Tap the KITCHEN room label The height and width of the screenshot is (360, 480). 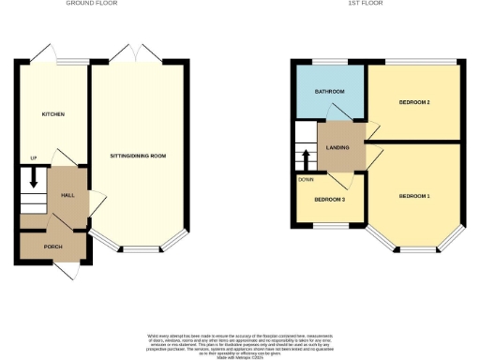coord(52,113)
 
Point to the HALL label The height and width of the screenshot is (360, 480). coord(67,195)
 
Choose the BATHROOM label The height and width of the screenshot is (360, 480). coord(329,91)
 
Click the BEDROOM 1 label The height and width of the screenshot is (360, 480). coord(414,195)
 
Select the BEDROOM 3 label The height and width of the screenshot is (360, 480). coord(329,200)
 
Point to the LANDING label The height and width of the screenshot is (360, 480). coord(337,147)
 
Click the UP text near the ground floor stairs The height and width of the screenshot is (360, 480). coord(33,157)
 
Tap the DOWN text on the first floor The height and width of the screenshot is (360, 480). coord(306,179)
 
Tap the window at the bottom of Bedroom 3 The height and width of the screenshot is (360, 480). coord(330,225)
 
